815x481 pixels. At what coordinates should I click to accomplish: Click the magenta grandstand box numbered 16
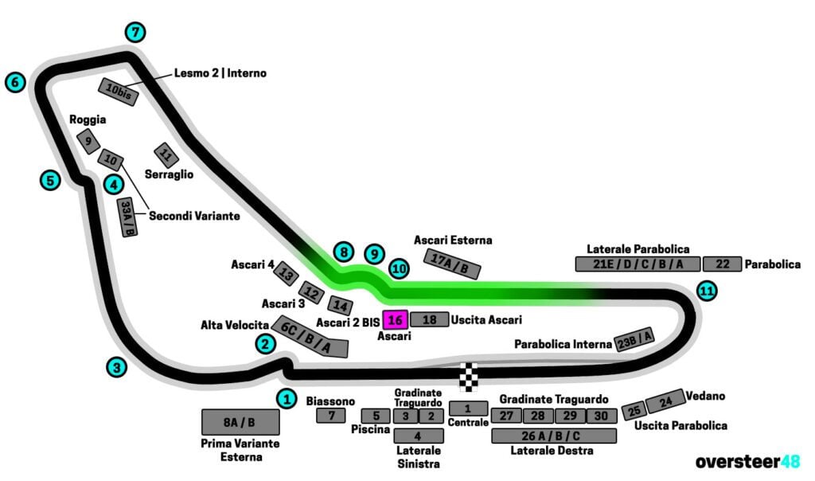click(396, 320)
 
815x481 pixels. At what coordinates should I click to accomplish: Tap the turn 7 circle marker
click(136, 33)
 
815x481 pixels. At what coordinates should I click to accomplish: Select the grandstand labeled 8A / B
click(240, 422)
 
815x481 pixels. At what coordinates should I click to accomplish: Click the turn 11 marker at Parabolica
click(706, 291)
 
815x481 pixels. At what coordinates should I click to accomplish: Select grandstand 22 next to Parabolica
click(722, 264)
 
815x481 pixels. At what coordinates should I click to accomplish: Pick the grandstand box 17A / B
click(452, 264)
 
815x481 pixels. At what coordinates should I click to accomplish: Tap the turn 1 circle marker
click(287, 398)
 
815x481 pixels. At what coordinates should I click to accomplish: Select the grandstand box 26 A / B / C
click(554, 436)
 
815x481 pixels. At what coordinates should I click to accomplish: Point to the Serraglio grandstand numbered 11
click(166, 154)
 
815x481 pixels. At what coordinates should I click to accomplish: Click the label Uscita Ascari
click(486, 320)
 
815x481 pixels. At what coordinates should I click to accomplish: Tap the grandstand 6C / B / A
click(310, 337)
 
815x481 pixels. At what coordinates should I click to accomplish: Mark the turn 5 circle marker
click(50, 180)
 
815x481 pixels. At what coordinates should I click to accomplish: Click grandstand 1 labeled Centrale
click(469, 409)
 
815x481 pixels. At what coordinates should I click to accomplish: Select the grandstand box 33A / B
click(127, 217)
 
